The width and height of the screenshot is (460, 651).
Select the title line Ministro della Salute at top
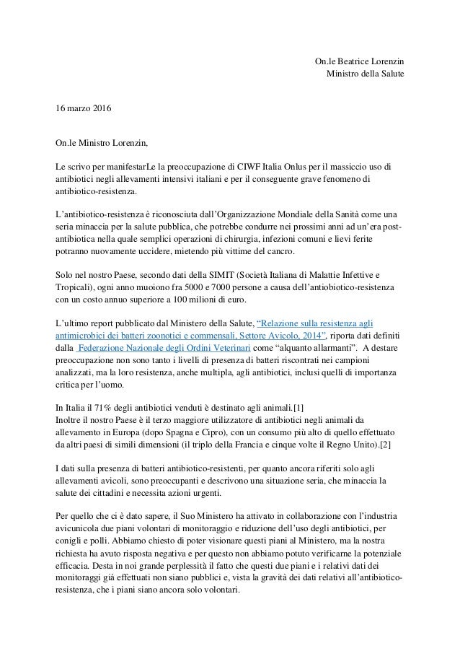click(366, 74)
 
